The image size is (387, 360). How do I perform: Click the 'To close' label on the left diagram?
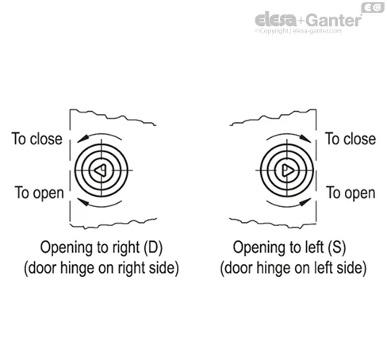coord(37,139)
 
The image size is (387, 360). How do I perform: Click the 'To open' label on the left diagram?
coord(40,193)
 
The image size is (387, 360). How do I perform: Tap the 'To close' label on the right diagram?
coord(351,139)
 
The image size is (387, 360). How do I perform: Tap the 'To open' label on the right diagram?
coord(351,193)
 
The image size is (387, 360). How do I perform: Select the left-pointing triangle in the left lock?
coord(101,170)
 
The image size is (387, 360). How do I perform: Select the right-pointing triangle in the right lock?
coord(288,170)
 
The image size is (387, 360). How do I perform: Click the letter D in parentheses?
coord(153,247)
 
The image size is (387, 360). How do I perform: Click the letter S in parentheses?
coord(337,247)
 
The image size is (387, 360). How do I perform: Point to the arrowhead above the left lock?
coord(82,139)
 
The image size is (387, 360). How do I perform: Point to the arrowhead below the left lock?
coord(83,202)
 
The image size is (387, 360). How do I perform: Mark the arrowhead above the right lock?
coord(305,139)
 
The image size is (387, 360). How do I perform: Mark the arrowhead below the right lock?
coord(305,202)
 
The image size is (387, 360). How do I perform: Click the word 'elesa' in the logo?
coord(276,20)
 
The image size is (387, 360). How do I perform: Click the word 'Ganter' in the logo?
coord(334,21)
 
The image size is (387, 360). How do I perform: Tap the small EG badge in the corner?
coord(373,8)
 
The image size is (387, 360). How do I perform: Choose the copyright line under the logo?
coord(298,31)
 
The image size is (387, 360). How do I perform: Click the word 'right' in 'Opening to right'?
coord(126,248)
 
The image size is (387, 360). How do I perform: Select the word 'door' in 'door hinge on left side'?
coord(239,268)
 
